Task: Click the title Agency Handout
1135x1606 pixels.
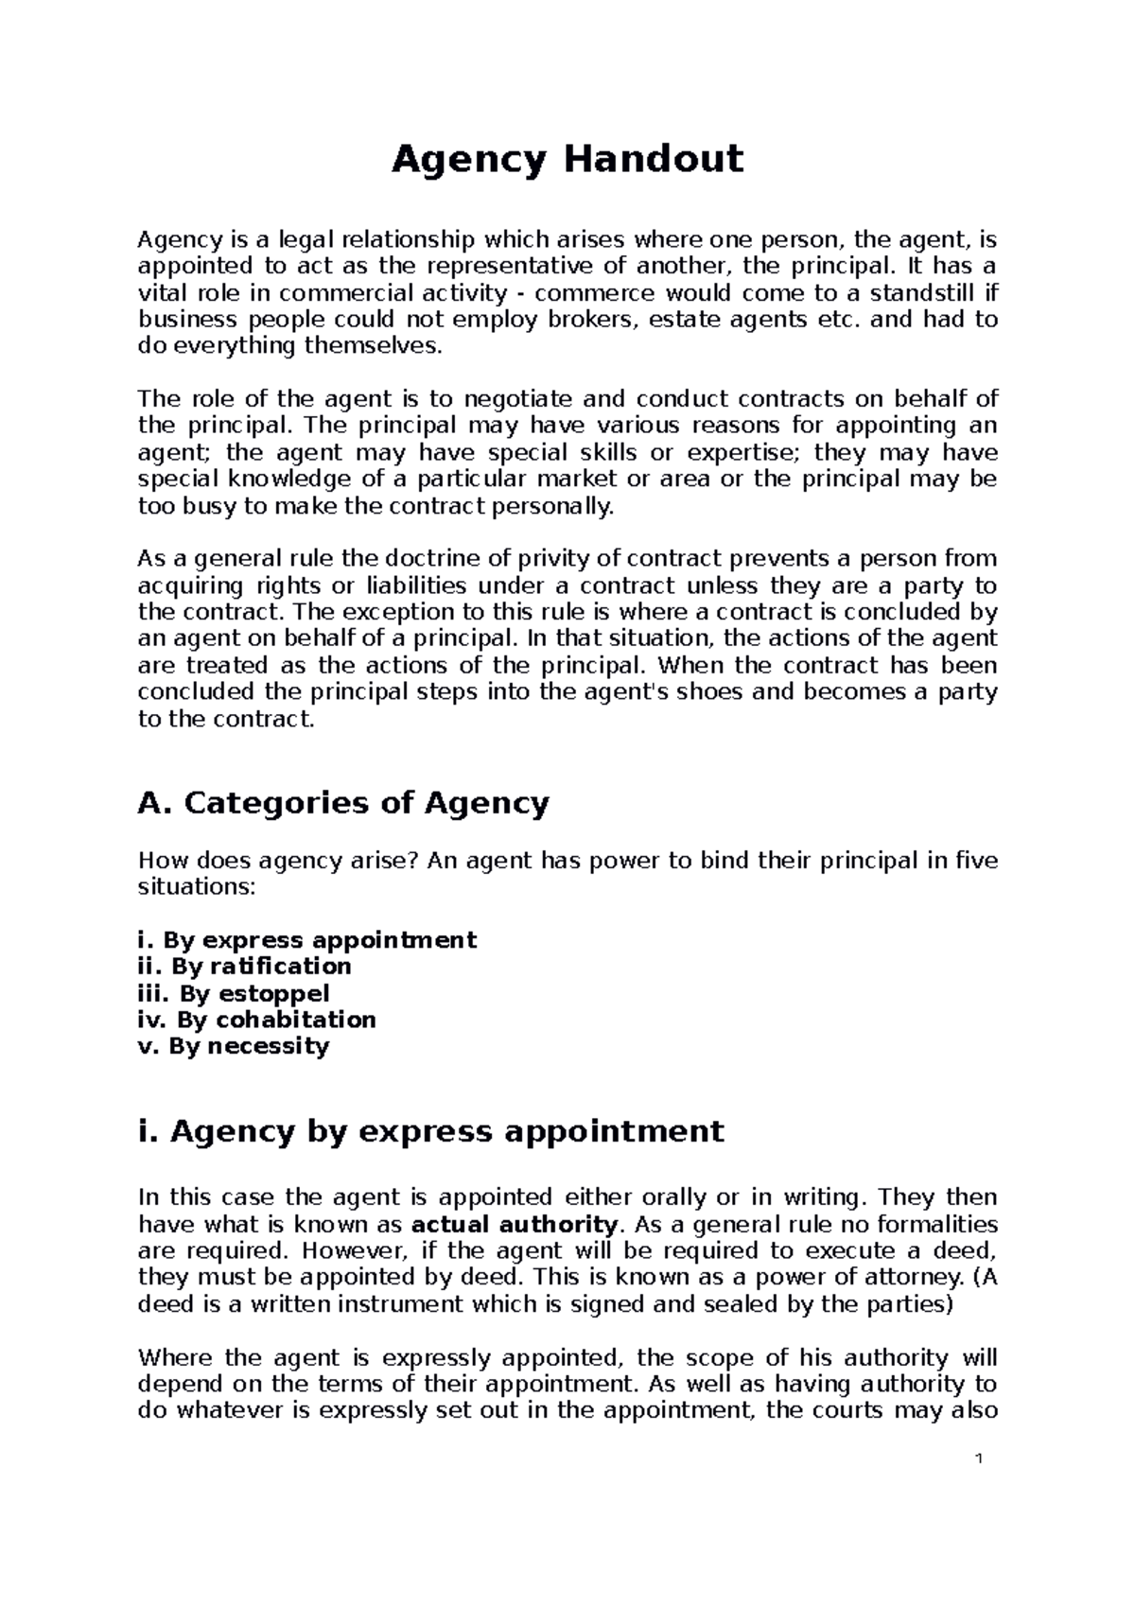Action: coord(567,159)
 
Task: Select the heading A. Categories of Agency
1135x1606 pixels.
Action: coord(343,804)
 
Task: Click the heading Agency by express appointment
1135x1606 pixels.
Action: coord(430,1131)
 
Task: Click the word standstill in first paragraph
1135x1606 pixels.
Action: coord(922,292)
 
